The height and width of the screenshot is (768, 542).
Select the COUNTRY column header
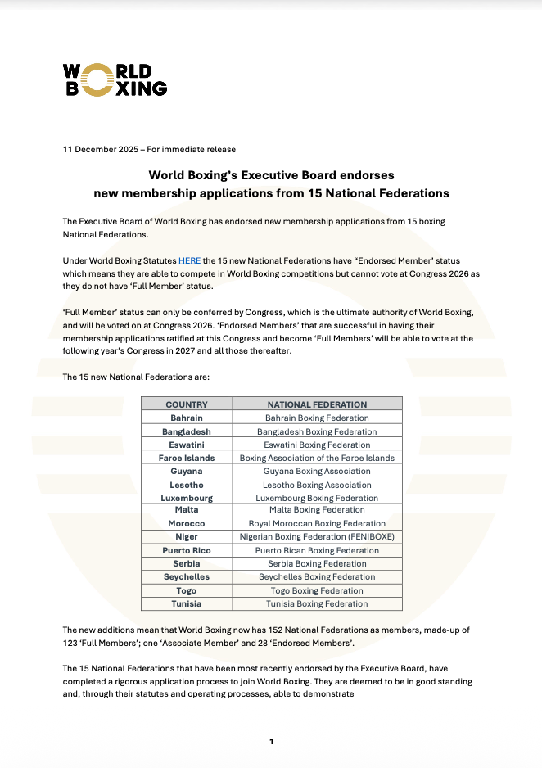point(187,404)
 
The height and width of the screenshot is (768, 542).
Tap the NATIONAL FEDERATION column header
point(317,404)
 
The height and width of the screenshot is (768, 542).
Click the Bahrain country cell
point(187,418)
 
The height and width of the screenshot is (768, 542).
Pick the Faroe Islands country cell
point(187,458)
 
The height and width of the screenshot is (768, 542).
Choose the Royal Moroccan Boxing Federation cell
point(317,523)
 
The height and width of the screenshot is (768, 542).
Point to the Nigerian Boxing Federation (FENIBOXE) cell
point(317,537)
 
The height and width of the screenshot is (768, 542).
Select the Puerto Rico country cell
point(187,550)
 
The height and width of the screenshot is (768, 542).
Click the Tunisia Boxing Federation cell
point(317,603)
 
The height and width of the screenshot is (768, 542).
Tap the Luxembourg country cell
point(187,498)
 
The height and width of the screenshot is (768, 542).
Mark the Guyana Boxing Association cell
point(317,472)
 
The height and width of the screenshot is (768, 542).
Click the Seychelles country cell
point(187,576)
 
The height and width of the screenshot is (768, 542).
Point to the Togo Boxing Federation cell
point(317,590)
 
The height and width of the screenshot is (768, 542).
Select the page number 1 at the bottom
point(271,742)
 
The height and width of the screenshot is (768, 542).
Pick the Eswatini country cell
point(187,445)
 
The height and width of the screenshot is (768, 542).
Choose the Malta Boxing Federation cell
point(317,510)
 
